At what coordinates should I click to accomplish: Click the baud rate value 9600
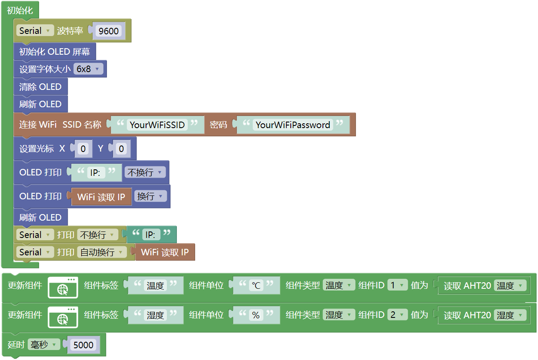(x=109, y=31)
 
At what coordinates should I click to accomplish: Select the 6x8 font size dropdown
(x=88, y=69)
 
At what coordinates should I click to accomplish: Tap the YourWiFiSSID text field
(x=157, y=125)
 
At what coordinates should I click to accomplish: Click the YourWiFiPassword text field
(x=293, y=125)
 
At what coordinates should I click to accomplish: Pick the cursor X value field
(x=83, y=149)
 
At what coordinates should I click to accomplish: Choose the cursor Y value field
(x=121, y=149)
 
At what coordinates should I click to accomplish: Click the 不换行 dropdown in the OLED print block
(x=145, y=172)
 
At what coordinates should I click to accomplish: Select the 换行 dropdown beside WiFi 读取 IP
(x=150, y=196)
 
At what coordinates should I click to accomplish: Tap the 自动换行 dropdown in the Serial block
(x=102, y=252)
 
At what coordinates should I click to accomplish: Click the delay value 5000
(x=83, y=345)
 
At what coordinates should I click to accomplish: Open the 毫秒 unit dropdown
(x=44, y=345)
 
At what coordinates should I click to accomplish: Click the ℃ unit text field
(x=256, y=286)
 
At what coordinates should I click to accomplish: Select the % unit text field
(x=256, y=315)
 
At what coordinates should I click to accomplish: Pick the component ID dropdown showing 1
(x=398, y=285)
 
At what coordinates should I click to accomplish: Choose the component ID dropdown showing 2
(x=398, y=315)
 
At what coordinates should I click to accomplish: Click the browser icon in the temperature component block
(x=63, y=287)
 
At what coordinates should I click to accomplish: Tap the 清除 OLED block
(x=40, y=87)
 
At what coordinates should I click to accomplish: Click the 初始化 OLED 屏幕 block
(x=55, y=52)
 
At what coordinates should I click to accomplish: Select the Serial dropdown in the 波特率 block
(x=35, y=31)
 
